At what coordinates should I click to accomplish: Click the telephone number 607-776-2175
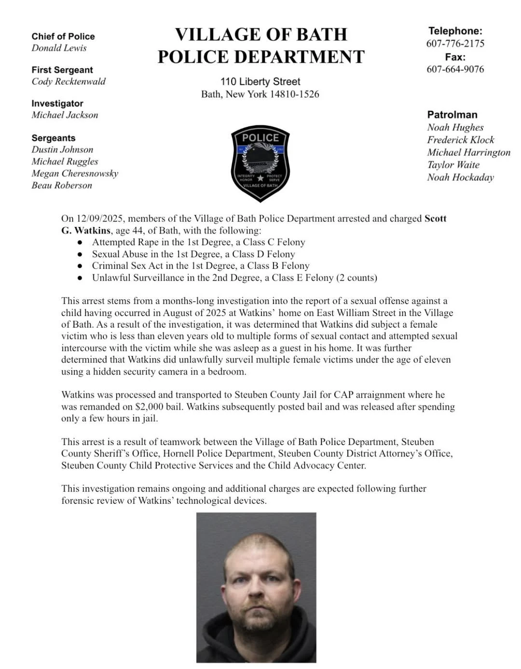[x=455, y=43]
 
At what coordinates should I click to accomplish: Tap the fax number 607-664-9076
[x=455, y=69]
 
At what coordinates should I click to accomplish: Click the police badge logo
[x=260, y=163]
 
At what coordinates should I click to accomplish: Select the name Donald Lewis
[x=59, y=48]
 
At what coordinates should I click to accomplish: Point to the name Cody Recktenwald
[x=69, y=81]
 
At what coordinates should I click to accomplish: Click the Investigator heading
[x=57, y=103]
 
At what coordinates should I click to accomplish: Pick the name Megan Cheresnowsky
[x=75, y=174]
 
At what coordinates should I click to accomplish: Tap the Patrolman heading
[x=452, y=115]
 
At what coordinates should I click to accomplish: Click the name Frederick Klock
[x=460, y=140]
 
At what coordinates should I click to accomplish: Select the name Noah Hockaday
[x=460, y=177]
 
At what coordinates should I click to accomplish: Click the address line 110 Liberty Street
[x=260, y=81]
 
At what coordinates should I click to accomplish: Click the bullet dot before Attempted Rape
[x=80, y=242]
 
